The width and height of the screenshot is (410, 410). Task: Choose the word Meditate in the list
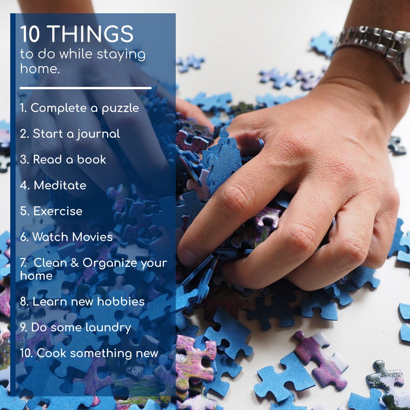pyautogui.click(x=60, y=185)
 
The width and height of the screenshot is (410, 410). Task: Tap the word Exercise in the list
pyautogui.click(x=58, y=211)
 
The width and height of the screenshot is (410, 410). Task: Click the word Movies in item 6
pyautogui.click(x=93, y=237)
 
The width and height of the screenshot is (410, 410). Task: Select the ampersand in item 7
pyautogui.click(x=75, y=263)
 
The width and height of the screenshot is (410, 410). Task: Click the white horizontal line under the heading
pyautogui.click(x=85, y=88)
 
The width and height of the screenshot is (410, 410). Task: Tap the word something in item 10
pyautogui.click(x=101, y=353)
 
